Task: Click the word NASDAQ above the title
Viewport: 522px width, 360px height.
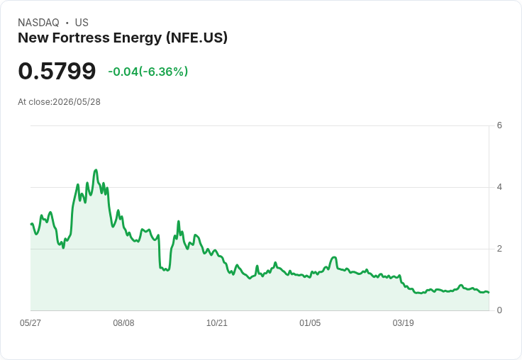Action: point(38,23)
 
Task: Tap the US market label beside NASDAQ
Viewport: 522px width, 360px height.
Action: point(82,23)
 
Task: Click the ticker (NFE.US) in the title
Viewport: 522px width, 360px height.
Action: point(196,38)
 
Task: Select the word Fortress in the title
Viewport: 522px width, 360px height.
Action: point(81,38)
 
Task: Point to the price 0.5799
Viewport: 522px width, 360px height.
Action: point(57,71)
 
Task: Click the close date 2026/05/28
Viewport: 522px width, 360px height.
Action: point(77,102)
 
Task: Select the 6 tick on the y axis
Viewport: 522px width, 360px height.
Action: point(499,125)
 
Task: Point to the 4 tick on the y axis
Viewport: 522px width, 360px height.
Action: point(499,187)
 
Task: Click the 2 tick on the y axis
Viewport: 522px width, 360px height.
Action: point(499,249)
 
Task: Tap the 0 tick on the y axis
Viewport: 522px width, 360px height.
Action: point(499,310)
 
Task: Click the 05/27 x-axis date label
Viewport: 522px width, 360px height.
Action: point(30,323)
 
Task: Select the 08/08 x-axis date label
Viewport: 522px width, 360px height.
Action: point(123,323)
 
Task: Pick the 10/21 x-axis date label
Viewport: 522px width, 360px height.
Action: point(217,323)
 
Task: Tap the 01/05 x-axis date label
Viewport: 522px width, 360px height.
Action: point(310,323)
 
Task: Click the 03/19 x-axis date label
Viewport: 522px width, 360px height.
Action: point(403,323)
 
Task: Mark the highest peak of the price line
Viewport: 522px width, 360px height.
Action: point(96,170)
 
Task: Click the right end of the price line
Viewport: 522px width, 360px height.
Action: point(489,293)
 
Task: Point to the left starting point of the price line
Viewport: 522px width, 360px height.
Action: point(31,224)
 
